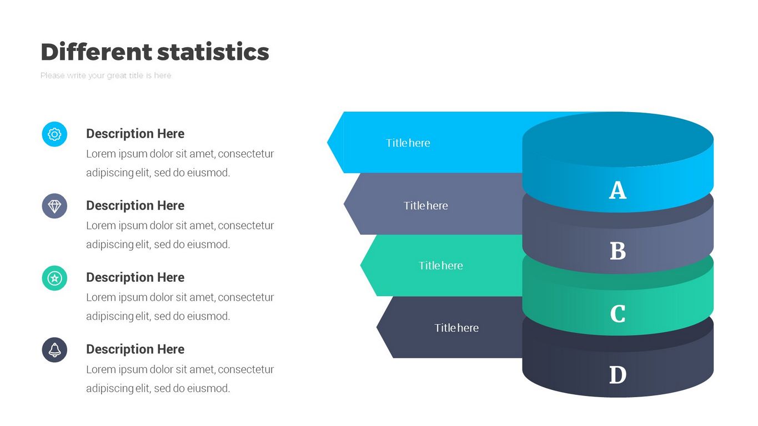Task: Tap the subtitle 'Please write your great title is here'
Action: point(106,75)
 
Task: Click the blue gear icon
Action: point(54,134)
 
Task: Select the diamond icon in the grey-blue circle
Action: point(54,206)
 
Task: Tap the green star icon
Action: point(54,278)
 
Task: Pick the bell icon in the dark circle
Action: point(54,350)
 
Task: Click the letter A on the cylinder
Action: point(618,190)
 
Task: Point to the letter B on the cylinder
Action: point(618,251)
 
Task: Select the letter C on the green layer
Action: point(618,314)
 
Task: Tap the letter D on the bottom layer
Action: point(618,375)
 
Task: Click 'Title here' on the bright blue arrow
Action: point(408,143)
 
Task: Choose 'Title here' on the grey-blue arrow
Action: point(426,206)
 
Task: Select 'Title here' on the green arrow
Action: point(440,265)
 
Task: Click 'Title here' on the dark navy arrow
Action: point(456,328)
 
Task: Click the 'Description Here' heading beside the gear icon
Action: point(135,134)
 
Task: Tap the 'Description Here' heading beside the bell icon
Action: point(135,349)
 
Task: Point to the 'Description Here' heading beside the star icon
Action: point(135,277)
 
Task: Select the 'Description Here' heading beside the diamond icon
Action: point(135,206)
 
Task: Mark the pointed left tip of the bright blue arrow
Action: point(328,143)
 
